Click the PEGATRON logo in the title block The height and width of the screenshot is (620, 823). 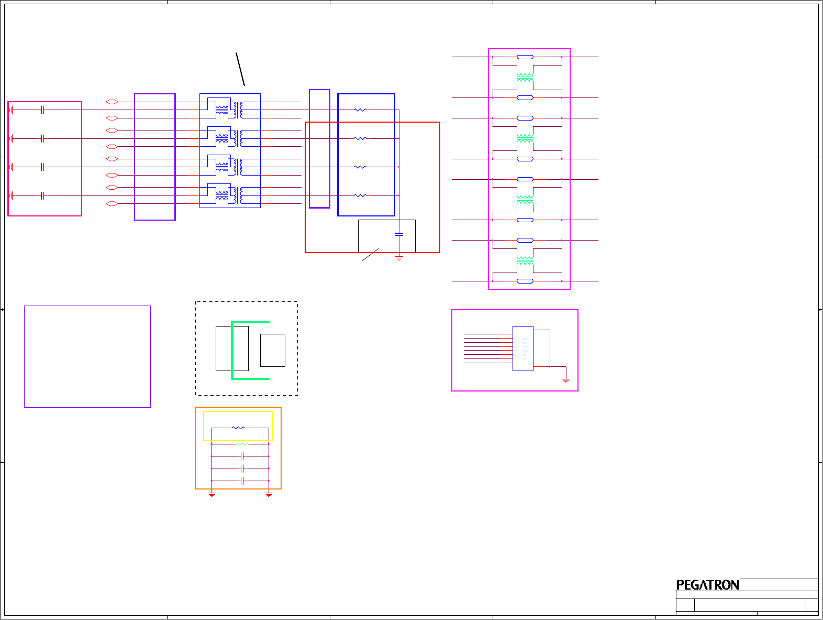coord(707,585)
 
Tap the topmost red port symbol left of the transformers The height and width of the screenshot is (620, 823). coord(112,102)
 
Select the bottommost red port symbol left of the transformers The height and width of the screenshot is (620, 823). coord(112,203)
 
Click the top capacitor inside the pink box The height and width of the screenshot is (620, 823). coord(43,110)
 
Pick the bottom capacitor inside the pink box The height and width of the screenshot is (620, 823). coord(43,195)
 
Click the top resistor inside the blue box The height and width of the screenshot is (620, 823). coord(360,110)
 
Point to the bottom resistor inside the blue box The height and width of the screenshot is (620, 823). coord(360,195)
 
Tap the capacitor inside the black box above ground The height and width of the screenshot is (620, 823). coord(399,234)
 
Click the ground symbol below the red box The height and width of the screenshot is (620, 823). coord(399,258)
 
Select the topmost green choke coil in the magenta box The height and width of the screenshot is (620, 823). coord(525,78)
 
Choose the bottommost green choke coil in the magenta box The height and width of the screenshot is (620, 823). coord(525,261)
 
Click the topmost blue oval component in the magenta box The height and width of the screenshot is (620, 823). coord(525,57)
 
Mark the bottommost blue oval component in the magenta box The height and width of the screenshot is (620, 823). coord(525,281)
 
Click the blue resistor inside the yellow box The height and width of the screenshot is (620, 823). coord(238,428)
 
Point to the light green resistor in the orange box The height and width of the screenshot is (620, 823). coord(242,444)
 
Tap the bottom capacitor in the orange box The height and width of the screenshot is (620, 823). coord(242,481)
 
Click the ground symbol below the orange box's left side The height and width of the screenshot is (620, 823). coord(212,494)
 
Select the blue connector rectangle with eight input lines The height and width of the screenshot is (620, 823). coord(522,349)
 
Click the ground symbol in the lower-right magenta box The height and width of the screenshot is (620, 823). coord(566,380)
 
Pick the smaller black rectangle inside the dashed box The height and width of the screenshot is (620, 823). coord(272,350)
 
